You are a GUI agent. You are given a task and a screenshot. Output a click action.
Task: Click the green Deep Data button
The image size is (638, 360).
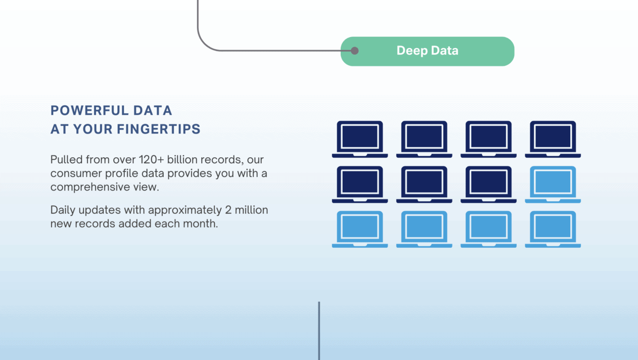(x=427, y=51)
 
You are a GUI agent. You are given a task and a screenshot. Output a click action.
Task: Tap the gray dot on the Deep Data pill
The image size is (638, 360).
(x=355, y=51)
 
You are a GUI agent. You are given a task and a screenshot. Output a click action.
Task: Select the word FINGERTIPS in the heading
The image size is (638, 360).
(x=159, y=129)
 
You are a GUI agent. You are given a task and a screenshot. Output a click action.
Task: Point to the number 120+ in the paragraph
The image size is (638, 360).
(x=151, y=160)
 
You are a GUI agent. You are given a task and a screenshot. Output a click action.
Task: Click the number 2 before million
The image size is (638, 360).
(x=228, y=210)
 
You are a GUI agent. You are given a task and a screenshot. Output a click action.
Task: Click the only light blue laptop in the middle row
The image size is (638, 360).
(x=553, y=184)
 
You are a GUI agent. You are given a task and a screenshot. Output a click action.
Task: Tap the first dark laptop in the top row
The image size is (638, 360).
(x=360, y=139)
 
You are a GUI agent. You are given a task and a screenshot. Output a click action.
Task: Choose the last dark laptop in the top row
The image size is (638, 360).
(x=553, y=139)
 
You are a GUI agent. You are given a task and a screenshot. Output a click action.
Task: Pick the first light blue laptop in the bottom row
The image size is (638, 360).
(x=360, y=229)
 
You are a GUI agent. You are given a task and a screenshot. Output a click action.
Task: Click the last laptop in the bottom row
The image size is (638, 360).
(x=553, y=229)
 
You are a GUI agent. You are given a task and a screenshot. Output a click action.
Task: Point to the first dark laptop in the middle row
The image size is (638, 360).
(x=360, y=184)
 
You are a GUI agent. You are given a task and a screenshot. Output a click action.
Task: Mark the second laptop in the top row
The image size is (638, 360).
(x=424, y=139)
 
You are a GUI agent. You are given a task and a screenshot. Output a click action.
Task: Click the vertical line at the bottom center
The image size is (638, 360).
(x=319, y=331)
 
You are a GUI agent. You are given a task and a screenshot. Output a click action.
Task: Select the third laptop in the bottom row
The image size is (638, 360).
(x=489, y=229)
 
